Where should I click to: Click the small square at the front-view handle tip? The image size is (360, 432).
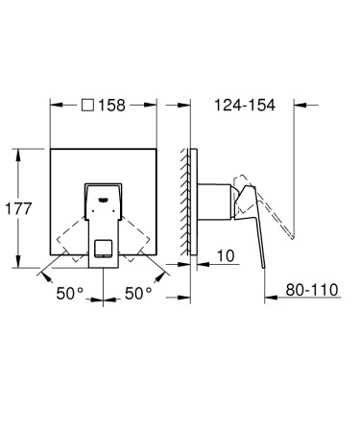pos(104,253)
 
